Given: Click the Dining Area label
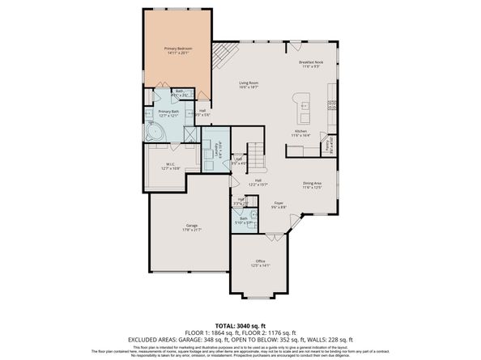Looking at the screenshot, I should (313, 184).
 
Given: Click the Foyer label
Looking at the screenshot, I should (277, 205).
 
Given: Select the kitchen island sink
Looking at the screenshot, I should (305, 104).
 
